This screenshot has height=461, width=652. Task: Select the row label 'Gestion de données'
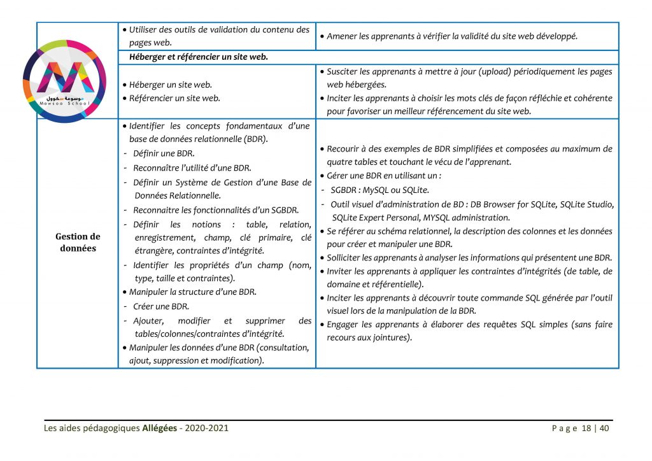78,242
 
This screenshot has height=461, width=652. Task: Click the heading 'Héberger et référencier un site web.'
198,57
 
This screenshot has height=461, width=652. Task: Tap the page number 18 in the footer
586,428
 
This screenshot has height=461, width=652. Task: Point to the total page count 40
604,428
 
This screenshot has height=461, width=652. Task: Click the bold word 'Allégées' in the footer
160,428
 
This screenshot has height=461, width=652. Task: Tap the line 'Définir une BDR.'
163,153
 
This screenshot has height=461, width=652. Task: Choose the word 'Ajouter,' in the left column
148,320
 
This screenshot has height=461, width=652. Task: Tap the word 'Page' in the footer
564,428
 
